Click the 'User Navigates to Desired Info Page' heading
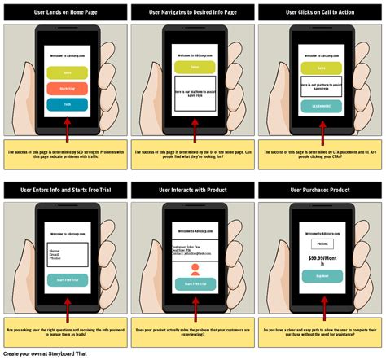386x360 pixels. coord(193,12)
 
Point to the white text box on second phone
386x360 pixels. coord(193,93)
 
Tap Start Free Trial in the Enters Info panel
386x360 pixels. coord(66,280)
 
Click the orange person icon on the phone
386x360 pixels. coord(193,268)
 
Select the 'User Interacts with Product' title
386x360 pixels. coord(193,190)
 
